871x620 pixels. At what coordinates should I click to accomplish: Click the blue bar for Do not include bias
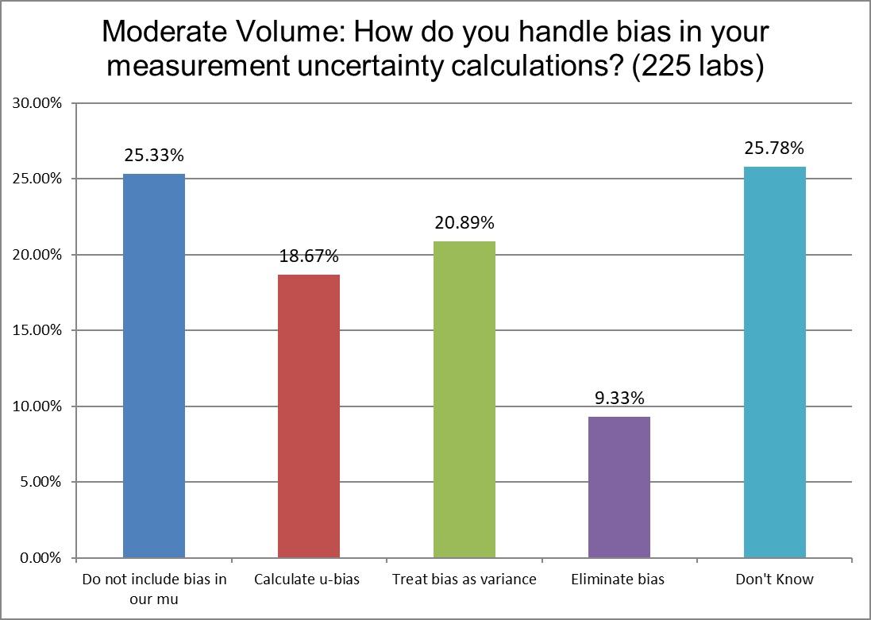(x=154, y=365)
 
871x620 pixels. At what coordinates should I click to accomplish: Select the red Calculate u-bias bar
(x=309, y=416)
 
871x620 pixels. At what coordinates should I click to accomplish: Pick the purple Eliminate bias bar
(x=619, y=487)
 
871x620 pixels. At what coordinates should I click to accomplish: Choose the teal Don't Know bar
(x=775, y=362)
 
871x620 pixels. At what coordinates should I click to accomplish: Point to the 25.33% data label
(x=154, y=155)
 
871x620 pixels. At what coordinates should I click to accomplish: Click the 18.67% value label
(x=309, y=256)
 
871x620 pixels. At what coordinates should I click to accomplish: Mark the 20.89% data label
(x=464, y=222)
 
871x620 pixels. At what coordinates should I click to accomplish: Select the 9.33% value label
(x=619, y=398)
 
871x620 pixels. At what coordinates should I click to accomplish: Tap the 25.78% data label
(x=775, y=148)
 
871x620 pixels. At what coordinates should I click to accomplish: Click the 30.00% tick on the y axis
(x=35, y=103)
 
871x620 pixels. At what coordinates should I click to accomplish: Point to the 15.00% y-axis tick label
(x=35, y=330)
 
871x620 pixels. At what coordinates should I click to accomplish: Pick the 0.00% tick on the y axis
(x=38, y=558)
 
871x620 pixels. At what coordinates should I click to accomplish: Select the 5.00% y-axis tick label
(x=38, y=482)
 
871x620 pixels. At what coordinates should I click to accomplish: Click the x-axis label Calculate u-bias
(x=307, y=580)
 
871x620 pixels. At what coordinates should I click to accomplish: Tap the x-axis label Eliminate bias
(x=618, y=580)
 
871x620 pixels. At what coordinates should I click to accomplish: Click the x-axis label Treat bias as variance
(x=464, y=580)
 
